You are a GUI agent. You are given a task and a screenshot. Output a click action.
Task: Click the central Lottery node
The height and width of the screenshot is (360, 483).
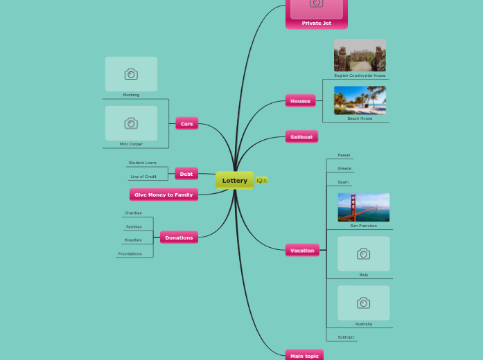pos(234,181)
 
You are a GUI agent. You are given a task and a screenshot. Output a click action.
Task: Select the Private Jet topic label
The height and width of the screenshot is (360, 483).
pos(316,24)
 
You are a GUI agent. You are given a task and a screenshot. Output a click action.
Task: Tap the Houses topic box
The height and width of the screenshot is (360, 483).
pos(300,101)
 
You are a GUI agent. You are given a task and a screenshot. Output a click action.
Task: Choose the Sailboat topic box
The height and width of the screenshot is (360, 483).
pos(301,137)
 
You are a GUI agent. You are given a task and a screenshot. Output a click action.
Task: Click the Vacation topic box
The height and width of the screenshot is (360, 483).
pos(302,251)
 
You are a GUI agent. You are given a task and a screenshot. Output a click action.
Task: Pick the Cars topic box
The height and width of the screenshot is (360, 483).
pos(186,124)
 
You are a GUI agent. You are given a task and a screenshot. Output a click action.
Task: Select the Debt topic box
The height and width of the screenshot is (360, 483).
pos(186,174)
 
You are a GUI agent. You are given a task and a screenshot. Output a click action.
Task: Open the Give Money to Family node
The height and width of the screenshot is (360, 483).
pos(164,195)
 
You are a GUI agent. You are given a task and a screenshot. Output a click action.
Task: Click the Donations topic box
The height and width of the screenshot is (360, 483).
pos(179,237)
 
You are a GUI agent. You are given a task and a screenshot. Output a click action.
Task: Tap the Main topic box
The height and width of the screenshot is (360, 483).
pos(304,356)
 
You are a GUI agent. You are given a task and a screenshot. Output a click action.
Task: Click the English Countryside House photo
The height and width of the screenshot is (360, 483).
pos(360,55)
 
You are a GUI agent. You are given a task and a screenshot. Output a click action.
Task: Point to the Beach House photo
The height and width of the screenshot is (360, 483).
pos(360,100)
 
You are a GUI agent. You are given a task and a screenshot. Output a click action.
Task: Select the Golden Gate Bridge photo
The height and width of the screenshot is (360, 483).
pos(363,207)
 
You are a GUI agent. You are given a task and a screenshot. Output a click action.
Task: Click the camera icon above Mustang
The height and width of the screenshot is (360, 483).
pos(131,74)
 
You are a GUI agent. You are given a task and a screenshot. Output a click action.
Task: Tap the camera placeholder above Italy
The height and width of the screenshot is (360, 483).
pos(363,254)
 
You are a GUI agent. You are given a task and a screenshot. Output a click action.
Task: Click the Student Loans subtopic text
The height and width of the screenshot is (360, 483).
pos(143,163)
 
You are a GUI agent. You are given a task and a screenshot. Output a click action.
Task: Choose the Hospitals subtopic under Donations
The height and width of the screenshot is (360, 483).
pos(133,240)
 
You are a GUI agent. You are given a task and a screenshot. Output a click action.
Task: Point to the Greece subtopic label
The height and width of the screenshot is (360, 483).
pos(344,168)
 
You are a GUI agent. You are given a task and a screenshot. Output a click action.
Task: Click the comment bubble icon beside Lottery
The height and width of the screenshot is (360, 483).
pos(260,181)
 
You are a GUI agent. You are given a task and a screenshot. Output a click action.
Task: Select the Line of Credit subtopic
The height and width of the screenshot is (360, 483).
pos(143,177)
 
